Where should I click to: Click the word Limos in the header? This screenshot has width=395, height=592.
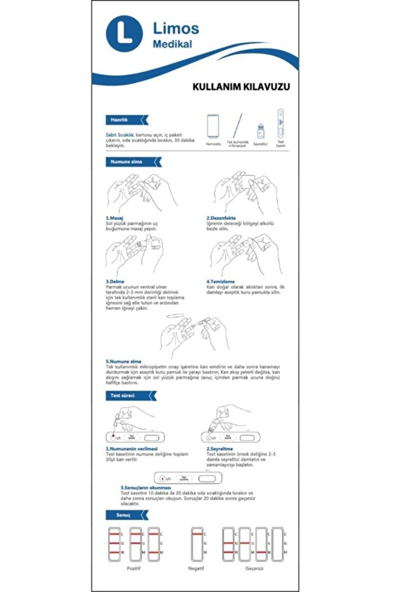(176, 28)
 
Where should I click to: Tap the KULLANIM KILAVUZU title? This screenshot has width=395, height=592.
(241, 86)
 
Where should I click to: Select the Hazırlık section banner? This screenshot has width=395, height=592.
(125, 120)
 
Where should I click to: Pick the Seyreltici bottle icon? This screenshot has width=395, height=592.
(260, 132)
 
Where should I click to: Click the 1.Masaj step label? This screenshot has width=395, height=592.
(114, 218)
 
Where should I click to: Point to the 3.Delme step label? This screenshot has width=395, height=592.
(115, 281)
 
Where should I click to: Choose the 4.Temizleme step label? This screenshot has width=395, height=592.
(221, 281)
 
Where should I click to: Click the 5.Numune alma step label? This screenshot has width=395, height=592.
(123, 362)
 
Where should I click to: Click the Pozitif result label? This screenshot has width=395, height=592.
(133, 568)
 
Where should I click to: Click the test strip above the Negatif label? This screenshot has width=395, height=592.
(197, 542)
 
